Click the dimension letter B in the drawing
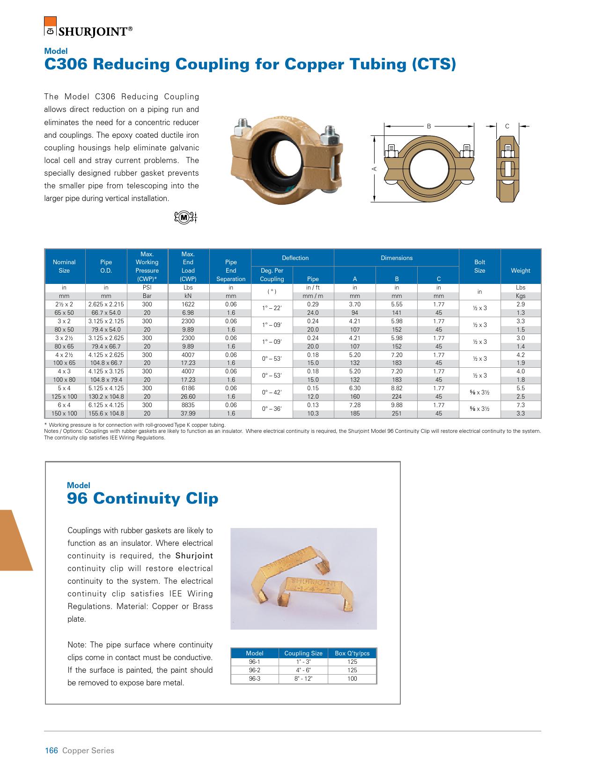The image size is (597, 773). pyautogui.click(x=428, y=126)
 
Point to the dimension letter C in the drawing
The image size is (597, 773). pyautogui.click(x=507, y=126)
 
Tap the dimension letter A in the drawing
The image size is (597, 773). pyautogui.click(x=375, y=168)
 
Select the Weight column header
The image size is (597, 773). pyautogui.click(x=520, y=270)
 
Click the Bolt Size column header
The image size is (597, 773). pyautogui.click(x=479, y=266)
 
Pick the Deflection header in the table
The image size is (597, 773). pyautogui.click(x=295, y=258)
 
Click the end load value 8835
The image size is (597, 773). pyautogui.click(x=188, y=405)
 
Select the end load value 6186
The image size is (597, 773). pyautogui.click(x=188, y=388)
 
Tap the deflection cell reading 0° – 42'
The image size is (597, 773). pyautogui.click(x=272, y=392)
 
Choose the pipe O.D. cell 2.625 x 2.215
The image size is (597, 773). pyautogui.click(x=106, y=305)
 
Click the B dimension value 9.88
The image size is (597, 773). pyautogui.click(x=397, y=405)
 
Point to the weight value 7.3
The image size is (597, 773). pyautogui.click(x=520, y=405)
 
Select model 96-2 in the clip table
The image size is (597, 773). pyautogui.click(x=254, y=670)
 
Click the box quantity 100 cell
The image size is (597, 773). pyautogui.click(x=352, y=679)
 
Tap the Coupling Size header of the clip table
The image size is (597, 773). pyautogui.click(x=303, y=653)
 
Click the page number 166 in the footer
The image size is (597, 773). pyautogui.click(x=51, y=751)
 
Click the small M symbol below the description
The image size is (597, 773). pyautogui.click(x=185, y=217)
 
